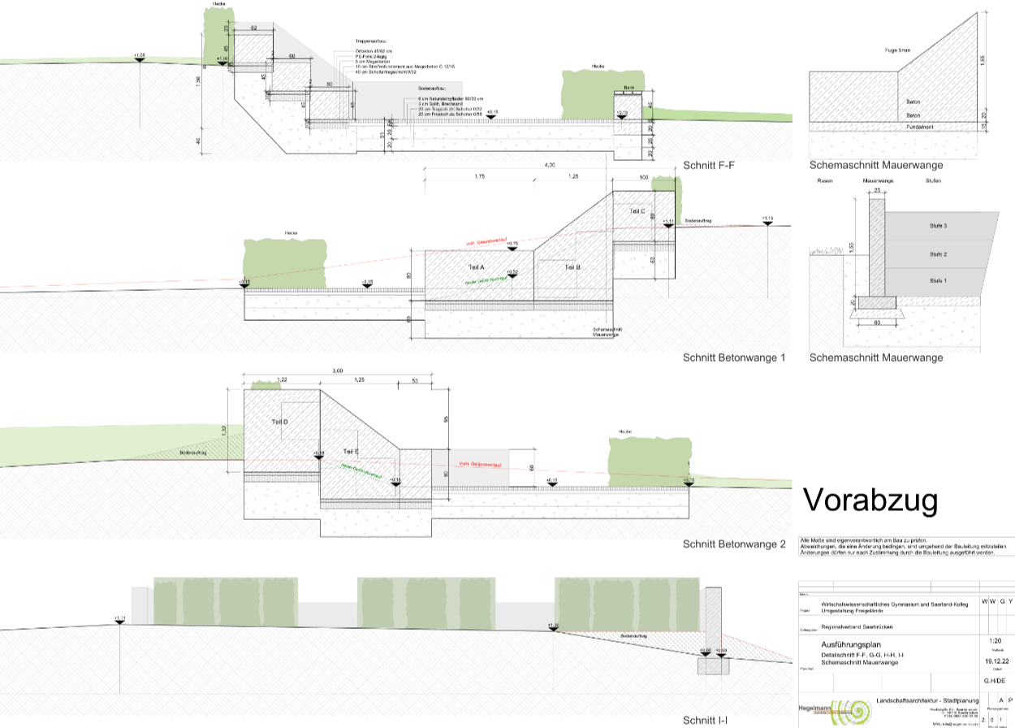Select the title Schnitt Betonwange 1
point(734,357)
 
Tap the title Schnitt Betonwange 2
point(734,544)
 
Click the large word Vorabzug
point(870,500)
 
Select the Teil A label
point(476,267)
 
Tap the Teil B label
point(572,267)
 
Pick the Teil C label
point(637,211)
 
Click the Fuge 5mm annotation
point(898,50)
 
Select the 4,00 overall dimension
point(550,165)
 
